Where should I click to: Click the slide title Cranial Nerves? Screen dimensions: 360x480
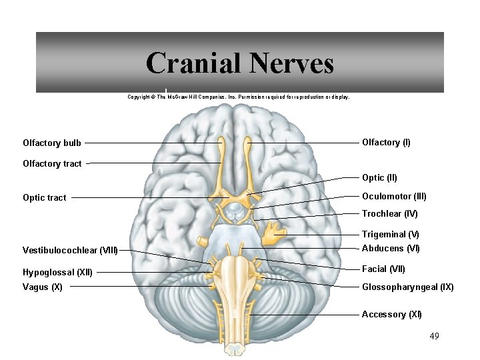[x=239, y=63]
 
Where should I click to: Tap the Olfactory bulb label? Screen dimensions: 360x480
[x=52, y=143]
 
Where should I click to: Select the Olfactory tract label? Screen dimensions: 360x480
[x=52, y=163]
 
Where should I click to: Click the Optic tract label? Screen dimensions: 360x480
[x=44, y=198]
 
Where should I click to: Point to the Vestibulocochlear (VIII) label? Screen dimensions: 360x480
[x=70, y=251]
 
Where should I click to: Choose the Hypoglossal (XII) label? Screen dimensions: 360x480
[x=57, y=272]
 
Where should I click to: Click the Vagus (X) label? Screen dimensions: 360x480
[x=43, y=287]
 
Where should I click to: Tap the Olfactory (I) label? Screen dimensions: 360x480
[x=386, y=142]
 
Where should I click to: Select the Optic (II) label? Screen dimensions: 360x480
[x=379, y=177]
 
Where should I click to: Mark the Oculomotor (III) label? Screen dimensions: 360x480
[x=394, y=196]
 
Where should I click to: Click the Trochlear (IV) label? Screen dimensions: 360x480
[x=389, y=213]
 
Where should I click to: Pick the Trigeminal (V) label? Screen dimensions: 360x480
[x=390, y=234]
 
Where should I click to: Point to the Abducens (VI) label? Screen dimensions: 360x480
[x=391, y=248]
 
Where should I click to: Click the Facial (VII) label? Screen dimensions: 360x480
[x=383, y=269]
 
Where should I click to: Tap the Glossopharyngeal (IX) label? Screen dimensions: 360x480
[x=407, y=287]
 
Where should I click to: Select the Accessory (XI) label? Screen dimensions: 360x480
[x=391, y=314]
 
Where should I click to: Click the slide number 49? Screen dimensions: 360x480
[x=434, y=335]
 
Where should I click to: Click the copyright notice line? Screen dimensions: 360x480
[x=238, y=97]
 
